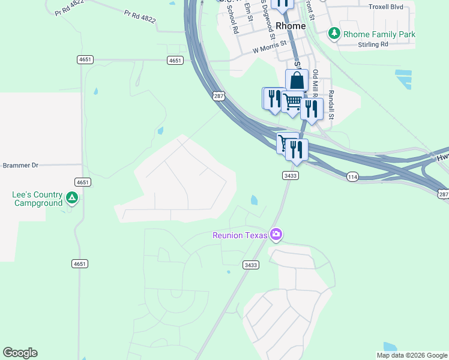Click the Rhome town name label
(291, 26)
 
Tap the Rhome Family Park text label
(379, 34)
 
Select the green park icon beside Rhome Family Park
(334, 34)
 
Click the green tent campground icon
(71, 197)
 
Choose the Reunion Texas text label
(240, 235)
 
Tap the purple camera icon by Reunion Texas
(276, 234)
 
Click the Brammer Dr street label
(20, 165)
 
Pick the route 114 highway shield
(352, 176)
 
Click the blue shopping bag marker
(297, 80)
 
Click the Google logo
(20, 353)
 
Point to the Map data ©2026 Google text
(412, 355)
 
